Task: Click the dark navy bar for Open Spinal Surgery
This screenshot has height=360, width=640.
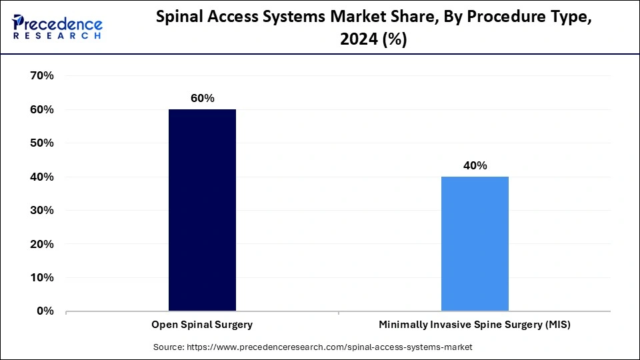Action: tap(202, 210)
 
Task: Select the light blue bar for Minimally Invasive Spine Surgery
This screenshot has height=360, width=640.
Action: tap(475, 243)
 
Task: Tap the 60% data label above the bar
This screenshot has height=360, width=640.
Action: tap(202, 98)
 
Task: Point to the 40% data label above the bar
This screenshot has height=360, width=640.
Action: tap(475, 165)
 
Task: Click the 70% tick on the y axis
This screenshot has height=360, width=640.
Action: tap(42, 76)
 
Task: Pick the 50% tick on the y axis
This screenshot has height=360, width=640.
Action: tap(42, 143)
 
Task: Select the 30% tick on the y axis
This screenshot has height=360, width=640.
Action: tap(42, 211)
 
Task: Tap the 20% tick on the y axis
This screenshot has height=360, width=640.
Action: tap(42, 244)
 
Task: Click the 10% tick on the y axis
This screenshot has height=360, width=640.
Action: tap(42, 278)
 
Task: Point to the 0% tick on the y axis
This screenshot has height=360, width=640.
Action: tap(45, 311)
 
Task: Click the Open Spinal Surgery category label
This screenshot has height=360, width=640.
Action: tap(202, 325)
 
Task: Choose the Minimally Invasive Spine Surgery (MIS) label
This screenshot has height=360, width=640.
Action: tap(475, 325)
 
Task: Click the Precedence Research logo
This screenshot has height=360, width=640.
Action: tap(57, 27)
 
